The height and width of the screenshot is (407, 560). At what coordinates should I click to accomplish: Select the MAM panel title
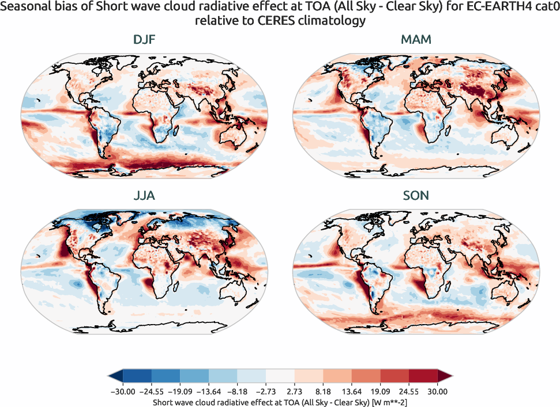pos(416,40)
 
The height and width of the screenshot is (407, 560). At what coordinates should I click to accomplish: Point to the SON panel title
pos(416,196)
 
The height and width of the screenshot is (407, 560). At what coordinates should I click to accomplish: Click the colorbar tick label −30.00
pos(122,391)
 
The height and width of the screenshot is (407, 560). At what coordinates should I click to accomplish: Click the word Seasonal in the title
pos(24,8)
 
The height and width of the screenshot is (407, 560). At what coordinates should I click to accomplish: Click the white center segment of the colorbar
pos(280,376)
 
